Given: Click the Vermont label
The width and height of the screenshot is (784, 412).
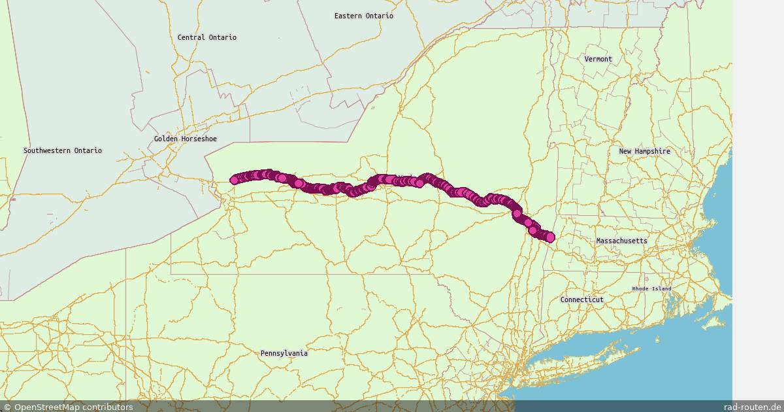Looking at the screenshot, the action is pyautogui.click(x=598, y=59).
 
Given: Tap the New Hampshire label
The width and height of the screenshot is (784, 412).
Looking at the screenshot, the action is pyautogui.click(x=644, y=151).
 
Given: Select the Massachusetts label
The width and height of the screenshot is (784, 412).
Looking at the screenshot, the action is pyautogui.click(x=621, y=241).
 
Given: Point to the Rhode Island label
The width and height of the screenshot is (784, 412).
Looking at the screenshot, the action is pyautogui.click(x=651, y=288).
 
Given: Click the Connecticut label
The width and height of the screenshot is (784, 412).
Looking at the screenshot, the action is pyautogui.click(x=581, y=300).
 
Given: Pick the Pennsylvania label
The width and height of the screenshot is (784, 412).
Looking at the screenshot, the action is pyautogui.click(x=284, y=353).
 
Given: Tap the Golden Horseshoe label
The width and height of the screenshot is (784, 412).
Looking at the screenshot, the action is pyautogui.click(x=186, y=139).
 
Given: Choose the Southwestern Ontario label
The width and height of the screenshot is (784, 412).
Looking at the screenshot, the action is pyautogui.click(x=63, y=150).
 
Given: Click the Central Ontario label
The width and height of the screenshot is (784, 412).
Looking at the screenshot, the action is pyautogui.click(x=207, y=37).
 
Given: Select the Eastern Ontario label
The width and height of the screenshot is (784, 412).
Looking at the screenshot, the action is pyautogui.click(x=364, y=16).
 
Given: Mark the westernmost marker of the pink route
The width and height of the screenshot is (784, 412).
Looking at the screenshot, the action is pyautogui.click(x=235, y=180).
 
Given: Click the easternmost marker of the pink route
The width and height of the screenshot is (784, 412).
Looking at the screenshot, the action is pyautogui.click(x=550, y=237).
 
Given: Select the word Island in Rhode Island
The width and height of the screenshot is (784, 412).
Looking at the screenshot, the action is pyautogui.click(x=661, y=288).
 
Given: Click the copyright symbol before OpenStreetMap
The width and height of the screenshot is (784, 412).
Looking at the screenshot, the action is pyautogui.click(x=7, y=407).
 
